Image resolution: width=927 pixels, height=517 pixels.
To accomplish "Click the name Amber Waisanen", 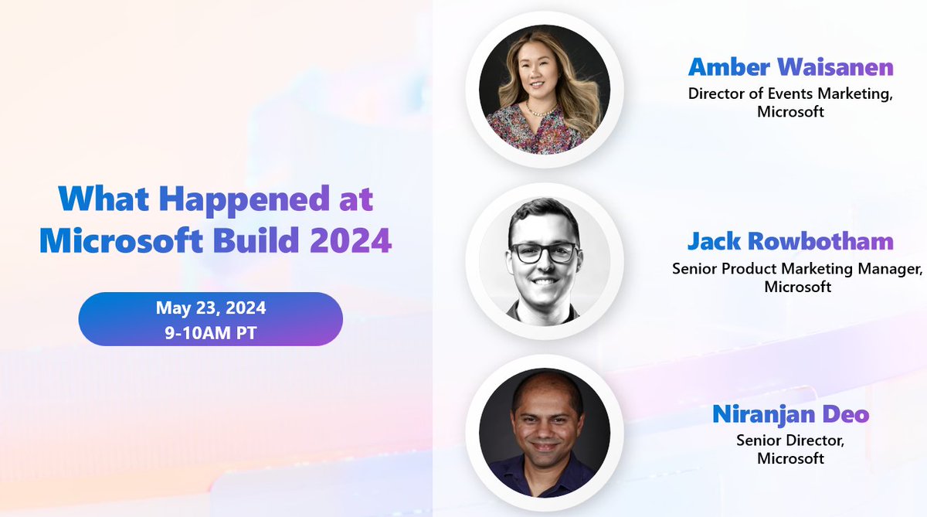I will [790, 67].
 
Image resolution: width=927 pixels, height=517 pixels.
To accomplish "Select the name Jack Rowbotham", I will [790, 242].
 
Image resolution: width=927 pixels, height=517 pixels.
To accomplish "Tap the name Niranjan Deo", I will [790, 415].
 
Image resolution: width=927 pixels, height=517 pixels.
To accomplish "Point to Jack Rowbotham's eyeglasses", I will [543, 252].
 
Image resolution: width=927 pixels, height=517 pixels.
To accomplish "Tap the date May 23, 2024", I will [211, 308].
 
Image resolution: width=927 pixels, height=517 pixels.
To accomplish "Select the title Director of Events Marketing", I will [790, 94].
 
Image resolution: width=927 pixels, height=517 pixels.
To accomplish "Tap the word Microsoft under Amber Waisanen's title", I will [790, 111].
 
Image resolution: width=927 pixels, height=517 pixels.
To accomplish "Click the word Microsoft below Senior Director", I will [790, 459].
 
